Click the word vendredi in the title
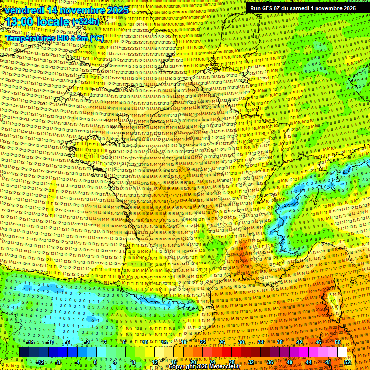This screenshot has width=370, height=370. coord(23,10)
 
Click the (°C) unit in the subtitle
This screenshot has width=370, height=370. coord(96,38)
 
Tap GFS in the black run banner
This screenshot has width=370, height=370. coord(268,8)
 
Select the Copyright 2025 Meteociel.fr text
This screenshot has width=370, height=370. coord(204,367)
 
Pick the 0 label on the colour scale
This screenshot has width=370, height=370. coord(95,362)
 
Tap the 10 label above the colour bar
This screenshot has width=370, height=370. coord(145,342)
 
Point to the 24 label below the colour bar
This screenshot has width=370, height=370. coord(212,362)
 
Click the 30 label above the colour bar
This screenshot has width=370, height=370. coord(241,342)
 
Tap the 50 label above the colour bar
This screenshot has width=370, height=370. coord(337,342)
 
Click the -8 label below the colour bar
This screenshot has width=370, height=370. coord(58,362)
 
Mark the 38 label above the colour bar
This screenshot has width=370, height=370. coord(279,342)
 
